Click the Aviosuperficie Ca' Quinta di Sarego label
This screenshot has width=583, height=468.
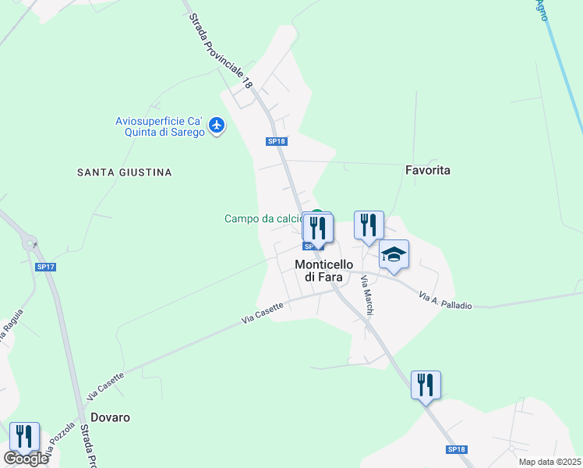point(159,126)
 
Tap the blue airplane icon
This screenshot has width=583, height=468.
point(217,125)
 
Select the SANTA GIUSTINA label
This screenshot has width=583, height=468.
point(124,172)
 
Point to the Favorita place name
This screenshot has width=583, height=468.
point(428,169)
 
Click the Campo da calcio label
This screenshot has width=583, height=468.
point(263,219)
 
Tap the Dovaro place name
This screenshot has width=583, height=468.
point(110,417)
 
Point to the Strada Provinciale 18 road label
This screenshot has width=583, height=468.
point(221,49)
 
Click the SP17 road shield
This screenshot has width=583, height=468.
point(46,267)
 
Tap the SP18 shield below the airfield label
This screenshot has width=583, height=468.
point(277,141)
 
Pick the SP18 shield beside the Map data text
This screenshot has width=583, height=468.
point(456,450)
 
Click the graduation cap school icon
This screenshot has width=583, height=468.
point(394,254)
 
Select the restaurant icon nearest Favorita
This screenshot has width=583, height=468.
point(369,225)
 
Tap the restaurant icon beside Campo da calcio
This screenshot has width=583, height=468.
point(318,228)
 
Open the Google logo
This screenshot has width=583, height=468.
point(26,459)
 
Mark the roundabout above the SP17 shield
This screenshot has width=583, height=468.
point(32,243)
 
